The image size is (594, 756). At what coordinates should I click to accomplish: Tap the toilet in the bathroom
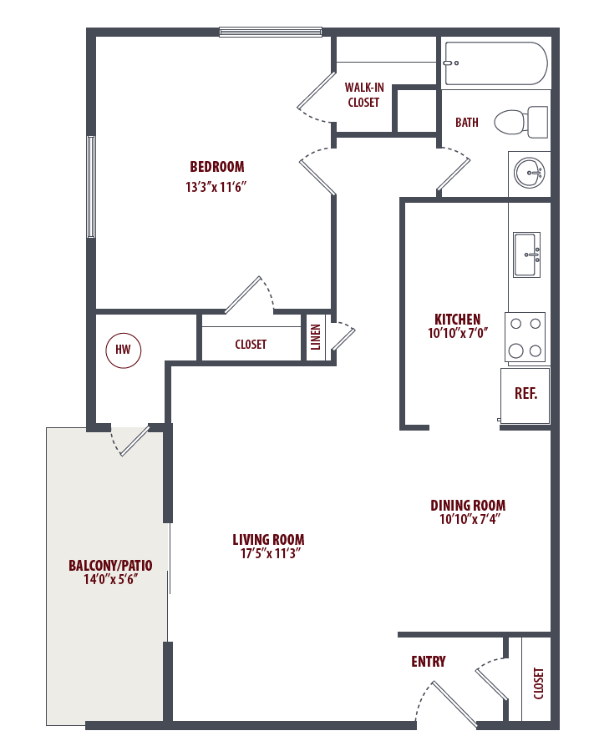pos(521,122)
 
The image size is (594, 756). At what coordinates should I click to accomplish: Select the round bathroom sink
pos(530,172)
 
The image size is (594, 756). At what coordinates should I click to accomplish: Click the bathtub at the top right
pos(496,63)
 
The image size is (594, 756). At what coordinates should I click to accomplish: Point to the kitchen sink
pos(526,255)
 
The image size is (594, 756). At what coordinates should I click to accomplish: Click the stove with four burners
pos(525,337)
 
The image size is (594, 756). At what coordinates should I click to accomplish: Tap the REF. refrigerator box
pos(525,396)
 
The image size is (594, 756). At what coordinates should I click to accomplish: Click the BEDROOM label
pos(217,167)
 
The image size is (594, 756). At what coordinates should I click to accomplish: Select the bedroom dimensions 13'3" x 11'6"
pos(216,187)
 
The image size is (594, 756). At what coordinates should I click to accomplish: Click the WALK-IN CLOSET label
pos(363,95)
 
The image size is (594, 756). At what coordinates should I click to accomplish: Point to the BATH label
pos(467,123)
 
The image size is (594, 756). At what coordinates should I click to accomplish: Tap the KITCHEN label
pos(458,320)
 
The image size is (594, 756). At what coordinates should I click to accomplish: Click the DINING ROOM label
pos(468,506)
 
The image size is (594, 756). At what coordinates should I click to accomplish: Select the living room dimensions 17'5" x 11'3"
pos(270,553)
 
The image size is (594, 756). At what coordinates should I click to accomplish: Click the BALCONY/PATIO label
pos(110,566)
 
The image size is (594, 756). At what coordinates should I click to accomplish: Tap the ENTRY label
pos(429,662)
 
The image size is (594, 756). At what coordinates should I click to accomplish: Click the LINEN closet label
pos(316,337)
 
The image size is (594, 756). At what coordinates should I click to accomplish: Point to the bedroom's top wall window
pos(271,32)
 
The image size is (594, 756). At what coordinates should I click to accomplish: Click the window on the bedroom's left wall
pos(91,187)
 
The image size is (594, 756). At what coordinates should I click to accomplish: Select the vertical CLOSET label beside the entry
pos(539,683)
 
